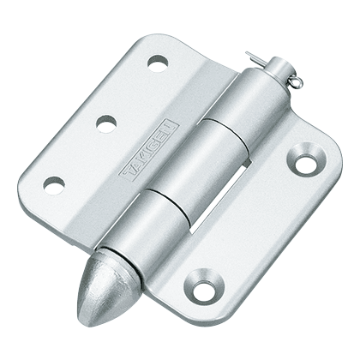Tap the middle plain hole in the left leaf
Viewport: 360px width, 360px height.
[106, 123]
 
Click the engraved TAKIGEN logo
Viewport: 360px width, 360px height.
[148, 151]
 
